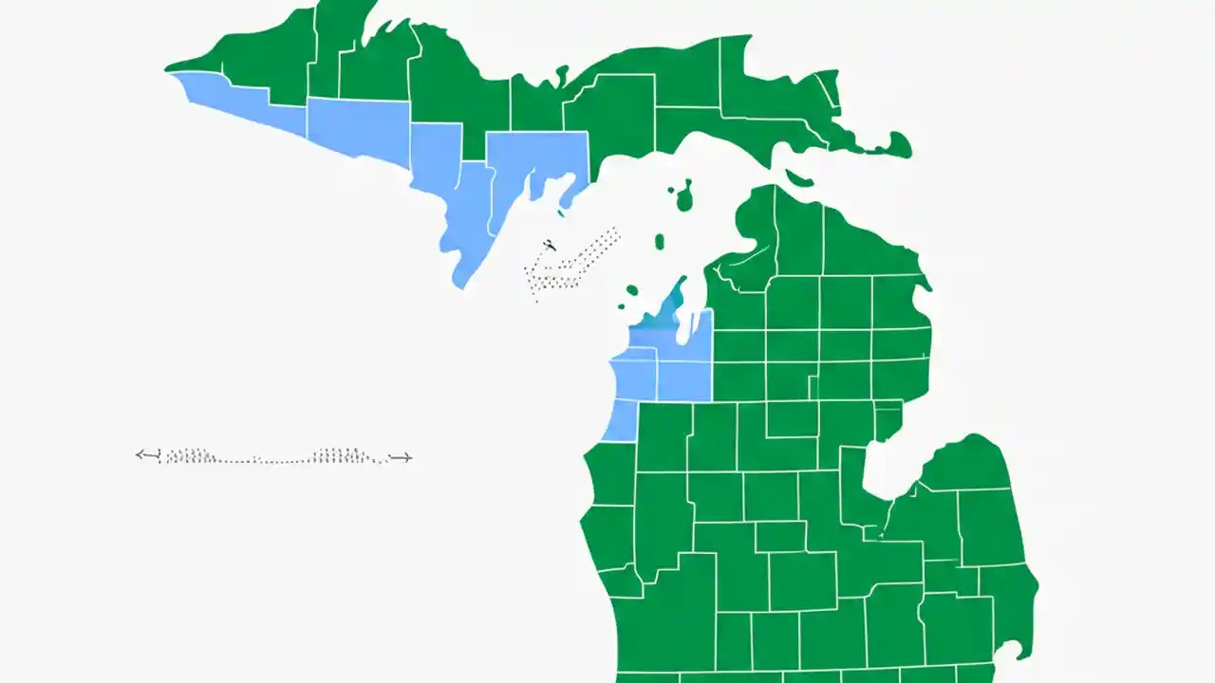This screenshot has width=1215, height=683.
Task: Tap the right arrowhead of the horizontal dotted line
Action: (406, 457)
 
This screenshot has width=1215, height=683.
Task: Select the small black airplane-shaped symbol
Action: (548, 247)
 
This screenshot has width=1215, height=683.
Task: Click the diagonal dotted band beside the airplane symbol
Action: (575, 262)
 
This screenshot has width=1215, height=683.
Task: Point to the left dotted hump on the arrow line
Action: (190, 455)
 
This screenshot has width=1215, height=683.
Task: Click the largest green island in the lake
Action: (682, 195)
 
